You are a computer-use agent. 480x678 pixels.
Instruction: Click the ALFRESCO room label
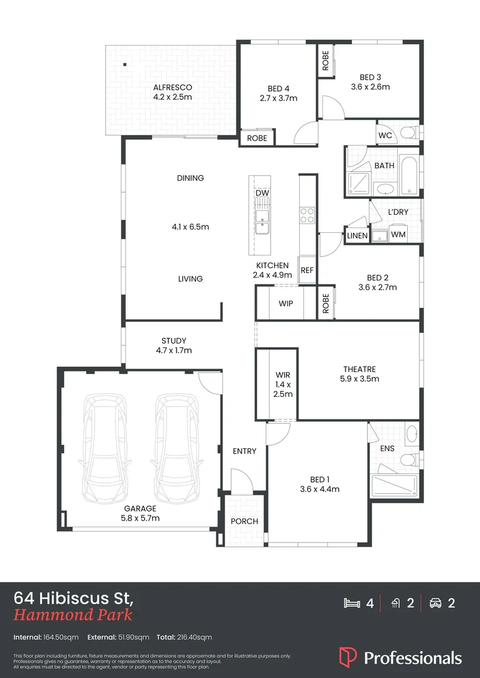tap(172, 87)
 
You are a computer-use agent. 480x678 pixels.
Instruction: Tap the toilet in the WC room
tap(408, 133)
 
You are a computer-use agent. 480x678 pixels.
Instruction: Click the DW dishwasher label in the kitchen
tap(262, 193)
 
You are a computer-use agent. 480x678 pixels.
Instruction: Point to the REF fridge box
tap(307, 271)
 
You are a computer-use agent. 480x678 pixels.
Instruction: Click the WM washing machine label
tap(398, 235)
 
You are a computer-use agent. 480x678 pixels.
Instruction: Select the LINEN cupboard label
tap(357, 235)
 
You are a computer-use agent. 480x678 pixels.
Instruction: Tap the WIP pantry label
tap(286, 303)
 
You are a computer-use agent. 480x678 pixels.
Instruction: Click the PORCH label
tap(244, 521)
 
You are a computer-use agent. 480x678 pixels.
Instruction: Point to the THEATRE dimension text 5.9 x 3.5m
tap(359, 379)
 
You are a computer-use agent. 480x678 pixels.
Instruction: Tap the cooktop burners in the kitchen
tap(307, 215)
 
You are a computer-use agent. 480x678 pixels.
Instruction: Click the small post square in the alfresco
tap(124, 64)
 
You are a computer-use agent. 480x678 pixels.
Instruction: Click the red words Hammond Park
tap(73, 615)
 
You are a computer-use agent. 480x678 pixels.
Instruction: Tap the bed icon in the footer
tap(352, 603)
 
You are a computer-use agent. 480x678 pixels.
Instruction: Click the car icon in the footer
tap(435, 603)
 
